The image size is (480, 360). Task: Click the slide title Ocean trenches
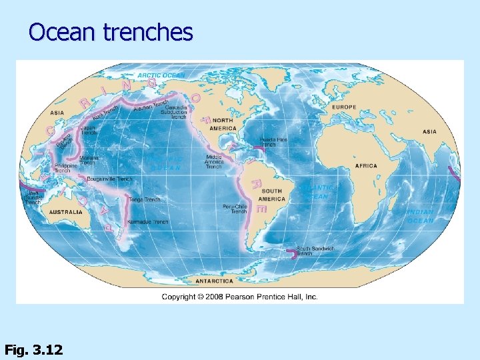pyautogui.click(x=111, y=32)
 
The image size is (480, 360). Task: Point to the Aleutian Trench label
pyautogui.click(x=151, y=105)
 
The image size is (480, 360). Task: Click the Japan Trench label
pyautogui.click(x=89, y=130)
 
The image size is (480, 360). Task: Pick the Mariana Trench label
pyautogui.click(x=89, y=161)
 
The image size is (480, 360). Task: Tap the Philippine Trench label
pyautogui.click(x=66, y=168)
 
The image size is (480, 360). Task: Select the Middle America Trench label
pyautogui.click(x=214, y=161)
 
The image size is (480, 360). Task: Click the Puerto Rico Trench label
pyautogui.click(x=273, y=142)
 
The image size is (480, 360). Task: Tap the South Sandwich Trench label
pyautogui.click(x=315, y=251)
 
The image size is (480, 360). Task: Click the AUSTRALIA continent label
pyautogui.click(x=66, y=212)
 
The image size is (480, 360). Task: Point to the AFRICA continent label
pyautogui.click(x=366, y=165)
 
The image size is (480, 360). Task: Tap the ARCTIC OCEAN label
pyautogui.click(x=161, y=75)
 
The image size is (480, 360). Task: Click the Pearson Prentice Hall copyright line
pyautogui.click(x=239, y=297)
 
